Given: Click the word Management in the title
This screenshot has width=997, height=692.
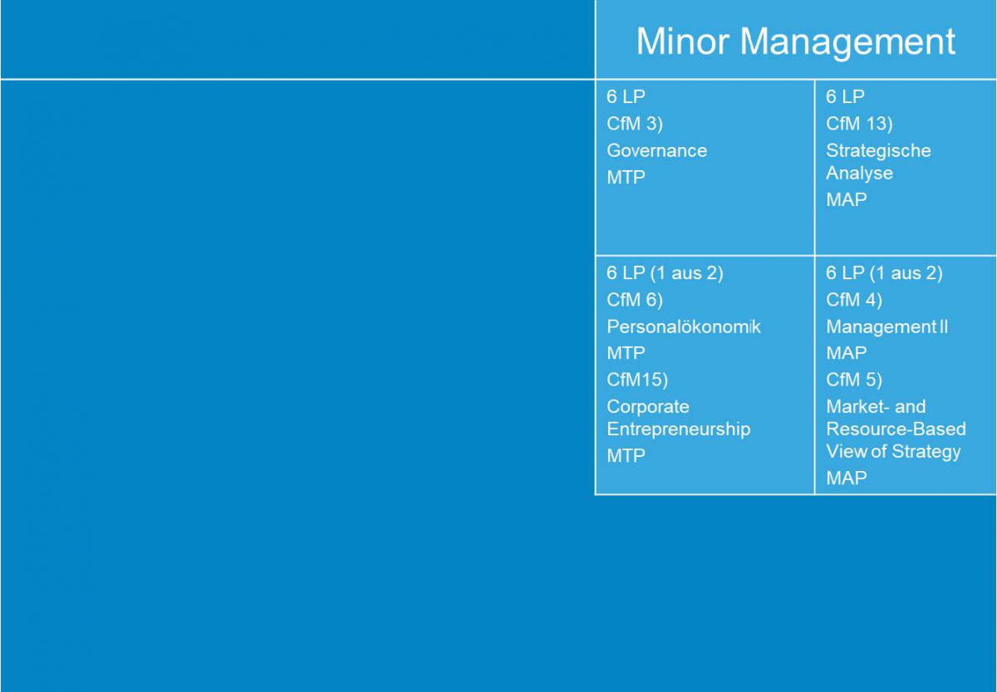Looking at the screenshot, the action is pyautogui.click(x=848, y=42).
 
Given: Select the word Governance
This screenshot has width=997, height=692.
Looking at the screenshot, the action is pyautogui.click(x=656, y=150).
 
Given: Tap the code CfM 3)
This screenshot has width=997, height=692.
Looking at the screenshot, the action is pyautogui.click(x=635, y=124).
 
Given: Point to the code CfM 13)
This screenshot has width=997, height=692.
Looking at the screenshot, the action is pyautogui.click(x=859, y=124).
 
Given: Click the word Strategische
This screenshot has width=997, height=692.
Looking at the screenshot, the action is pyautogui.click(x=878, y=151).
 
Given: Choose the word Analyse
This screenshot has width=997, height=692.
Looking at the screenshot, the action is pyautogui.click(x=859, y=173).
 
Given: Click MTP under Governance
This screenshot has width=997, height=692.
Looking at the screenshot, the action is pyautogui.click(x=626, y=178).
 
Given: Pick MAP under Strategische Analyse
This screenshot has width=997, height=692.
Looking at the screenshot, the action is pyautogui.click(x=846, y=200).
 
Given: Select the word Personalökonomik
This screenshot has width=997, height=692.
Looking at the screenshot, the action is pyautogui.click(x=684, y=326).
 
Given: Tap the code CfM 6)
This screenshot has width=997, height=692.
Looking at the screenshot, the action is pyautogui.click(x=635, y=300).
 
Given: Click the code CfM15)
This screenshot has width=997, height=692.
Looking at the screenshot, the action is pyautogui.click(x=637, y=380).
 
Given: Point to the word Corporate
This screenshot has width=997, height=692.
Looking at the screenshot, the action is pyautogui.click(x=647, y=407).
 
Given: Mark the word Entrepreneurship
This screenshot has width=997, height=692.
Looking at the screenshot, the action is pyautogui.click(x=678, y=429).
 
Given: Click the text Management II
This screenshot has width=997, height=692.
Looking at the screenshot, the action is pyautogui.click(x=886, y=327).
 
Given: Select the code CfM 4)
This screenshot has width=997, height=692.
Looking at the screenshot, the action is pyautogui.click(x=854, y=300).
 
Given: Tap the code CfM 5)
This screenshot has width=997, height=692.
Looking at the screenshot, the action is pyautogui.click(x=854, y=380).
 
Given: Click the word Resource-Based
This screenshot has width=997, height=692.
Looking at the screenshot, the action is pyautogui.click(x=896, y=429).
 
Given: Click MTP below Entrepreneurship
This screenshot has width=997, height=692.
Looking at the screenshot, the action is pyautogui.click(x=626, y=456).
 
